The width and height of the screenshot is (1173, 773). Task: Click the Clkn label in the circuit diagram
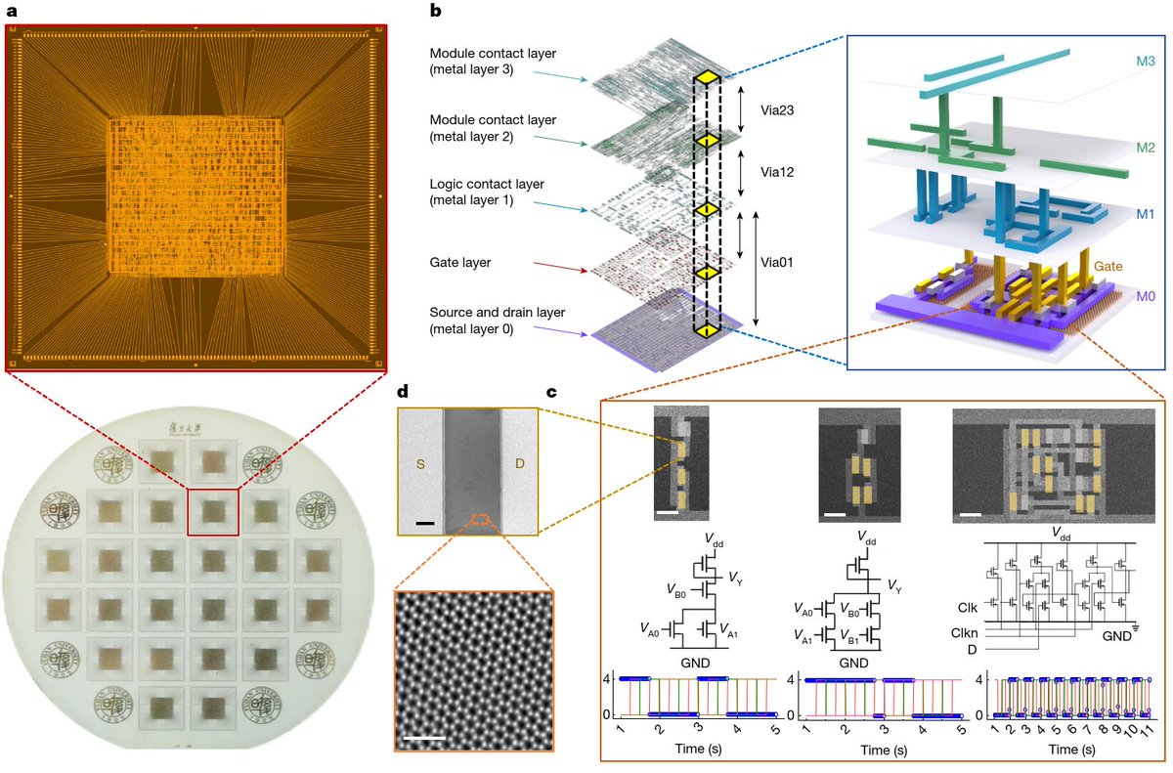[966, 633]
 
